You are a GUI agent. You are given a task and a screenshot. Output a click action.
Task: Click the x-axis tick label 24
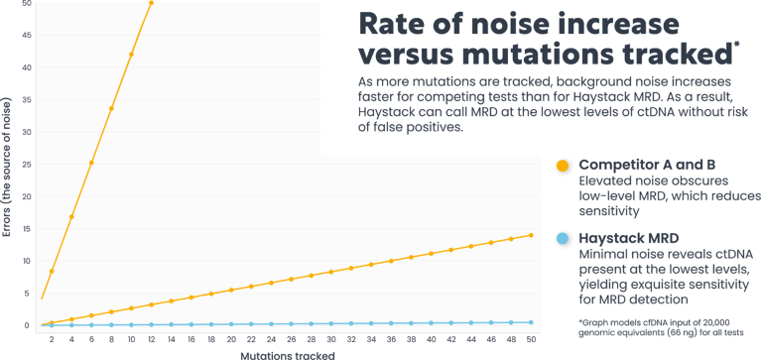[271, 339]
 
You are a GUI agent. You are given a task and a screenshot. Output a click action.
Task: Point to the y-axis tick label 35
[27, 100]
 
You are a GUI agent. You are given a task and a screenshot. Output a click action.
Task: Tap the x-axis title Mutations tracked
[288, 356]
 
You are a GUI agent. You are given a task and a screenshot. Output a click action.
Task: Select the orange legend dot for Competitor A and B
[563, 166]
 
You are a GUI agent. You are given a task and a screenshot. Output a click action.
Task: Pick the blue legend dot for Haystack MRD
[563, 239]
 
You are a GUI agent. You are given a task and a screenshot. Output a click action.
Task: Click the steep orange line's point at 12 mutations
[152, 2]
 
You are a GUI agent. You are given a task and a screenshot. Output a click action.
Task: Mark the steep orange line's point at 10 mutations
[132, 55]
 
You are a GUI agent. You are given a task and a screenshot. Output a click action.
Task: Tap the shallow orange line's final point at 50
[531, 235]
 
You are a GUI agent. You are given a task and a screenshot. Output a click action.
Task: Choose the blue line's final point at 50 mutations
[531, 322]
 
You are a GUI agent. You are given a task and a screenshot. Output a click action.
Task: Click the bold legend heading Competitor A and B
[647, 166]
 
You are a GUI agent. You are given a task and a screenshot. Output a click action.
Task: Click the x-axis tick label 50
[531, 339]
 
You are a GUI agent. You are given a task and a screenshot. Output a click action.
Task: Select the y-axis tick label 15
[27, 228]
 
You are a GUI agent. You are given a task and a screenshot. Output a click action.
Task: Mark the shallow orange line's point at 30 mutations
[331, 272]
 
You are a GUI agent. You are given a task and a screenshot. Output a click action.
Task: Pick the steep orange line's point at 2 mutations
[52, 271]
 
